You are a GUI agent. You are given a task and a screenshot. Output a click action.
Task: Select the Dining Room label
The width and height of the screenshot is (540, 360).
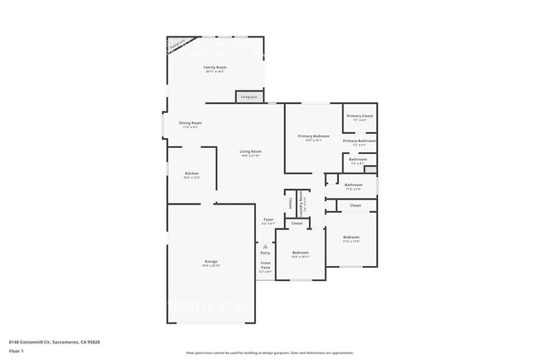pyautogui.click(x=191, y=123)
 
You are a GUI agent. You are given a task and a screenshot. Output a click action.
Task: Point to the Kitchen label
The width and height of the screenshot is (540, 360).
pyautogui.click(x=192, y=173)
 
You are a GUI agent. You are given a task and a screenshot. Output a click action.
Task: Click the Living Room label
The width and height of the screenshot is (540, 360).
pyautogui.click(x=251, y=151)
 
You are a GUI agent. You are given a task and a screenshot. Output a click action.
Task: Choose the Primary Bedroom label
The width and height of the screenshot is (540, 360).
pyautogui.click(x=314, y=136)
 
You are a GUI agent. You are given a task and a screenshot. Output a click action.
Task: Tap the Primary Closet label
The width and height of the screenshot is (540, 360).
pyautogui.click(x=360, y=116)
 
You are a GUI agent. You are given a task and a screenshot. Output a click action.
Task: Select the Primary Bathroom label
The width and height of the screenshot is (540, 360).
pyautogui.click(x=361, y=141)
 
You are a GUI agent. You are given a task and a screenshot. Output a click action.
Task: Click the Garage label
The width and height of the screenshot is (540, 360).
pyautogui.click(x=211, y=261)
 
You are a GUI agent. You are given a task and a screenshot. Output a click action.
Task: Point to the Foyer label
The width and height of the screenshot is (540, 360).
pyautogui.click(x=268, y=219)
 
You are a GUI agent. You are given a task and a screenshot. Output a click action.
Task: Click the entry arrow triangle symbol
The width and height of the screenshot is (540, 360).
pyautogui.click(x=265, y=247)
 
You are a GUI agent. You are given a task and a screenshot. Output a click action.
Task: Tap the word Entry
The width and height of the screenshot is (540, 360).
pyautogui.click(x=265, y=253)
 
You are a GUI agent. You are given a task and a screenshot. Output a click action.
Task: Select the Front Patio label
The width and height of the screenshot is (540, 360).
pyautogui.click(x=265, y=268)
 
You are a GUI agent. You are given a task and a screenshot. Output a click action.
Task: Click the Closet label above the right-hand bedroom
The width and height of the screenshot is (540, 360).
pyautogui.click(x=355, y=205)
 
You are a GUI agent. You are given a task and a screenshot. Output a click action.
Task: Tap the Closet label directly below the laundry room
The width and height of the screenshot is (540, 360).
pyautogui.click(x=297, y=223)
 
